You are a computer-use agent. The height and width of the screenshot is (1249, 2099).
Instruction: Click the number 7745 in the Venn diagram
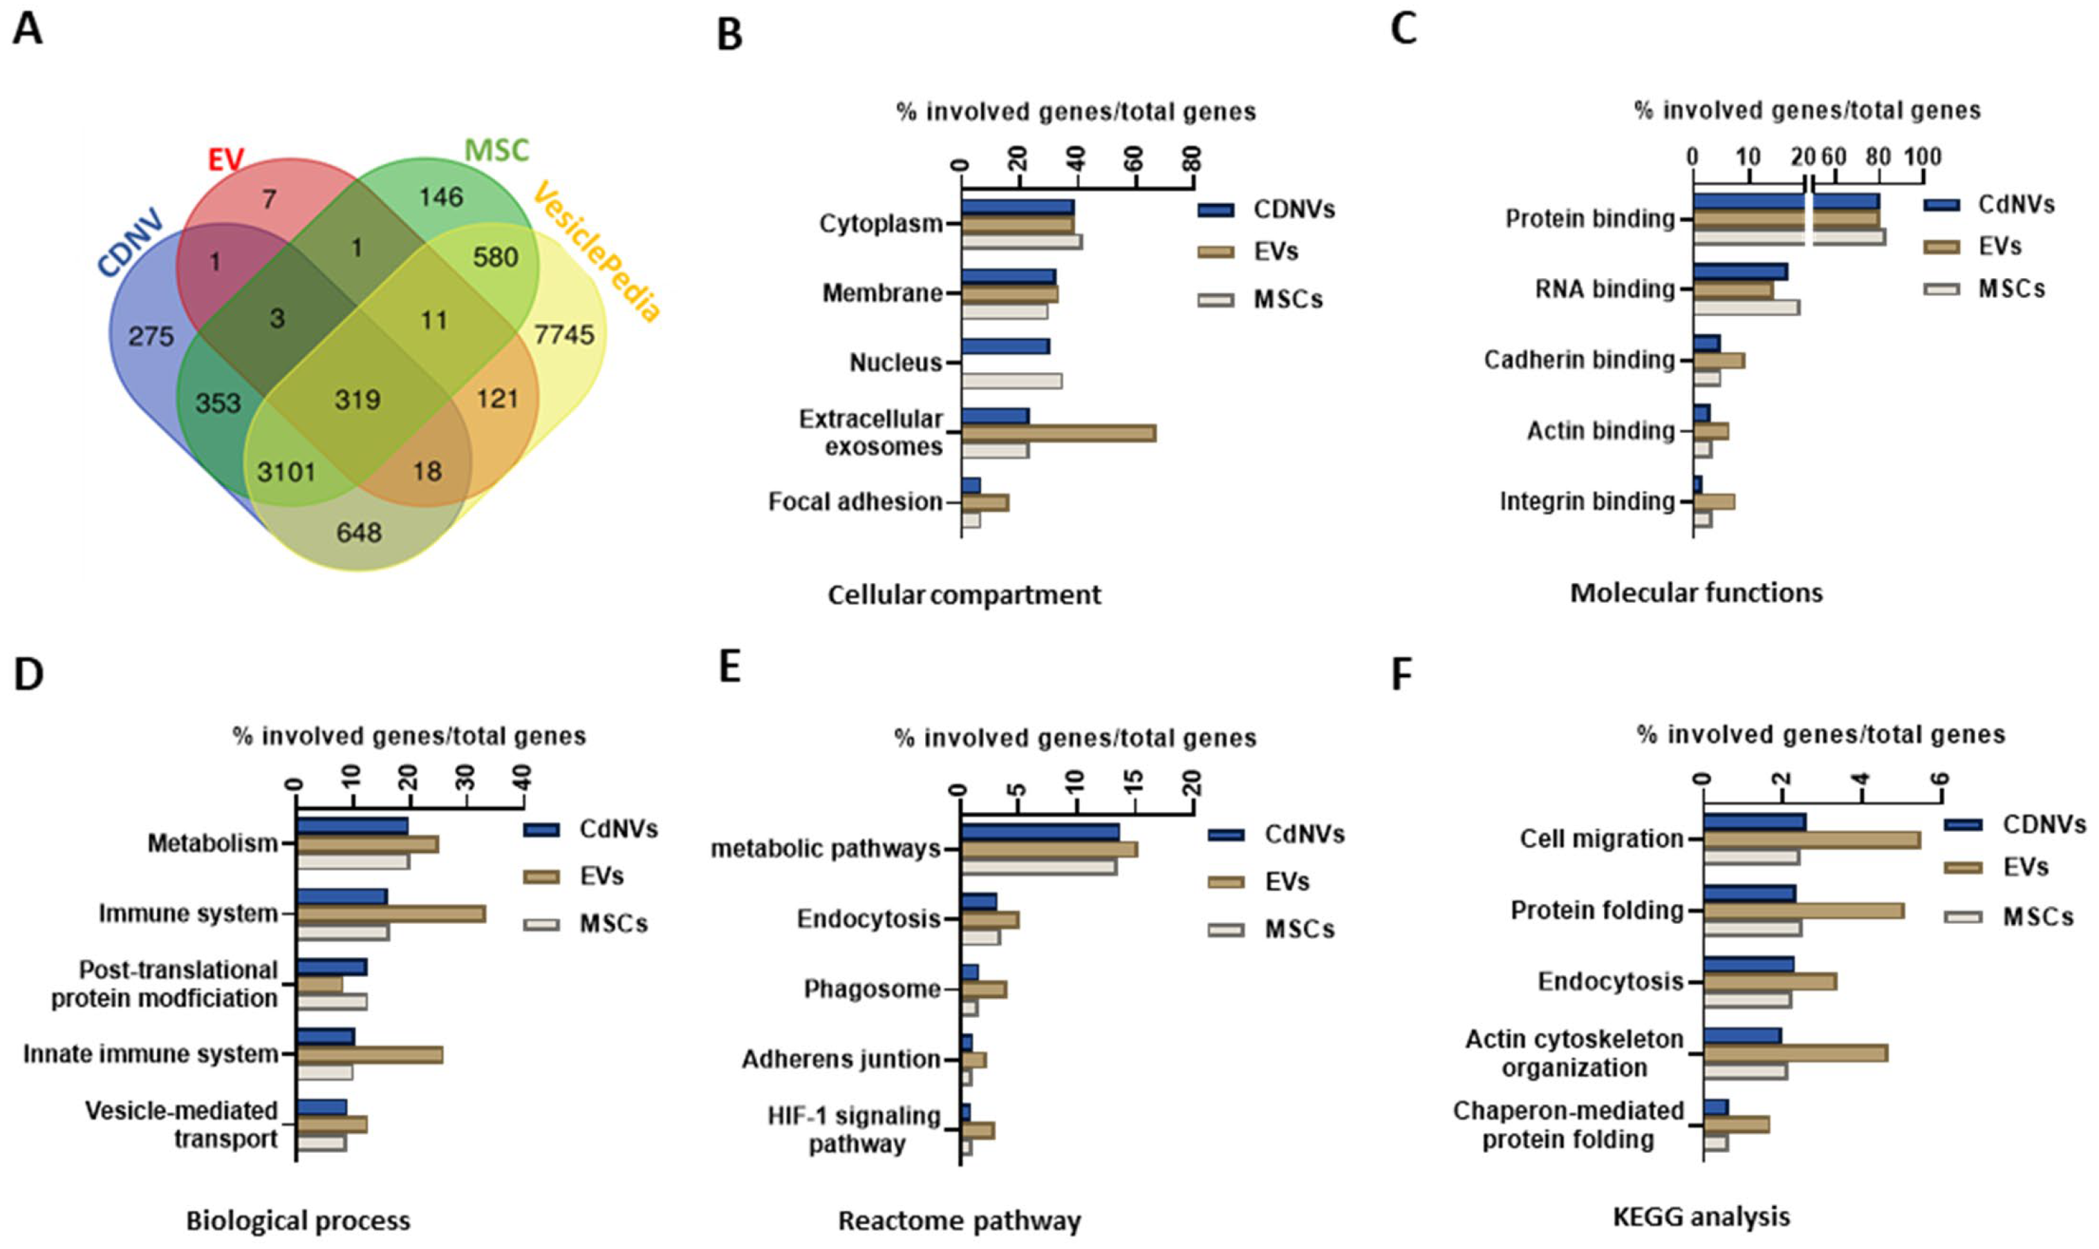coord(563,335)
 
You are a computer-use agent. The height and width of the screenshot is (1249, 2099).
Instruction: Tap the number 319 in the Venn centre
coord(357,399)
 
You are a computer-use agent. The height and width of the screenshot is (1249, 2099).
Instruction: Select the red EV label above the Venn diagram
coord(225,158)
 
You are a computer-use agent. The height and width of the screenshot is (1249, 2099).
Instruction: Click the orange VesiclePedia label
coord(597,252)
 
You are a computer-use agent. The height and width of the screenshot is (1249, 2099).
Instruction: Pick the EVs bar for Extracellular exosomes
coord(1058,433)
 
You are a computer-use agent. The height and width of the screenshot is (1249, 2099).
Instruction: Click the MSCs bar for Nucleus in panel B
coord(1011,381)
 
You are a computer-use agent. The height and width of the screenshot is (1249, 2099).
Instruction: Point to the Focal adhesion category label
coord(855,501)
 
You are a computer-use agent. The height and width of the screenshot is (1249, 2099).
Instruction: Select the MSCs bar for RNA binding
coord(1746,307)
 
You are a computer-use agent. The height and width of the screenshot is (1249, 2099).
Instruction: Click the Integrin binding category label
coord(1587,501)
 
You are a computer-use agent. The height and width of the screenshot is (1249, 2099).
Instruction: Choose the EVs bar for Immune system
coord(391,914)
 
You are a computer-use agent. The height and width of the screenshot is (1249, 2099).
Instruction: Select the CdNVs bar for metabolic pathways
coord(1039,831)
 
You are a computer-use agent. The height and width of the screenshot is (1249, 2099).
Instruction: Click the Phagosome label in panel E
coord(872,988)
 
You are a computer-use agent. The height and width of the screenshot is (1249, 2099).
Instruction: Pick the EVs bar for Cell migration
coord(1811,839)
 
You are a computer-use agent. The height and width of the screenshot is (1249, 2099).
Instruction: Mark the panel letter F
coord(1401,674)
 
